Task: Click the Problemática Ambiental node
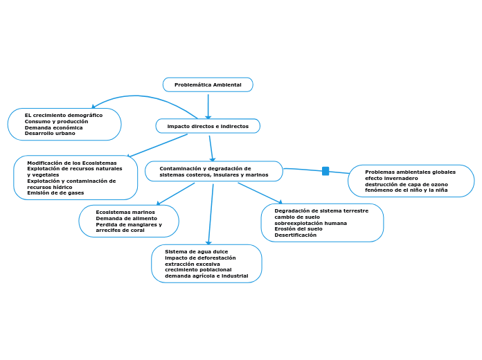tap(208, 84)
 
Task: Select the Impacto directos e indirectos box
tap(208, 126)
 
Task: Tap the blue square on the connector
tap(325, 171)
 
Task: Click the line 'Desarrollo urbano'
tap(50, 133)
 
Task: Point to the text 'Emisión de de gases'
tap(55, 192)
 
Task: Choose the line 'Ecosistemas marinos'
tap(125, 212)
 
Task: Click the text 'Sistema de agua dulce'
tap(196, 251)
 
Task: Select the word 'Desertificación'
tap(295, 235)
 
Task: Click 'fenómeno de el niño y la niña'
tap(406, 190)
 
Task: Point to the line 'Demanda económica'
tap(53, 127)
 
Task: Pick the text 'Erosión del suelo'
tap(298, 228)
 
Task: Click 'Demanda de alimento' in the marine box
tap(126, 218)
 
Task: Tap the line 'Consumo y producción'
tap(56, 121)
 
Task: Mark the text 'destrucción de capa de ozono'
tap(406, 184)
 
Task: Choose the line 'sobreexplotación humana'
tap(310, 223)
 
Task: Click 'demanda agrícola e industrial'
tap(206, 276)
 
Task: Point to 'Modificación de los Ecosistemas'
tap(71, 163)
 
